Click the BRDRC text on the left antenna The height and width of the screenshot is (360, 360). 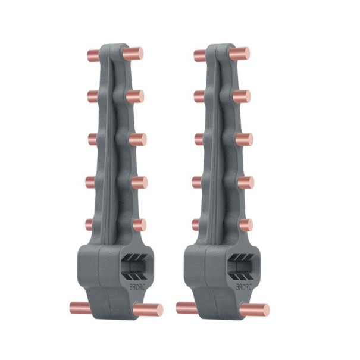tap(137, 287)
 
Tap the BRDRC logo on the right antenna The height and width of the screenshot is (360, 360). tap(243, 287)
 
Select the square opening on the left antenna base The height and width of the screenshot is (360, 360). tap(134, 268)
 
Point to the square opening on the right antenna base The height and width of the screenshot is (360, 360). tap(242, 268)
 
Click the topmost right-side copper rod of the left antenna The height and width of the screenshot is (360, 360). tap(134, 54)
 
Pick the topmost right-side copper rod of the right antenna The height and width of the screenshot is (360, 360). tap(241, 54)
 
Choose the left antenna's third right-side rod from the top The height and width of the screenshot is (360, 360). tap(138, 139)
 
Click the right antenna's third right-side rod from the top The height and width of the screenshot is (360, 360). tap(245, 139)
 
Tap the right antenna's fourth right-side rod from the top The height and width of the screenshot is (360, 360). tap(245, 182)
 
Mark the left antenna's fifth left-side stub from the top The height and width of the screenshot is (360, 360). tap(90, 225)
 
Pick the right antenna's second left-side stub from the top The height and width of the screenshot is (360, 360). tap(199, 96)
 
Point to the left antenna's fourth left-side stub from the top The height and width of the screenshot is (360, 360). tap(90, 182)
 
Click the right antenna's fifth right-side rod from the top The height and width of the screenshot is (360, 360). tap(245, 225)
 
